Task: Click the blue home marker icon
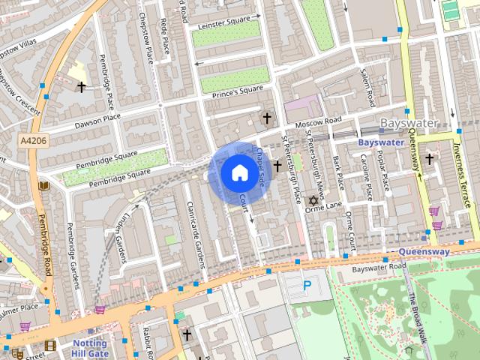tap(238, 172)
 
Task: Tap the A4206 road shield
tap(34, 140)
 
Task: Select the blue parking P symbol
tap(306, 285)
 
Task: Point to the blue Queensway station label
tap(424, 252)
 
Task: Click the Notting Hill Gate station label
tap(89, 348)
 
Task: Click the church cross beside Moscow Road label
tap(267, 118)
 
